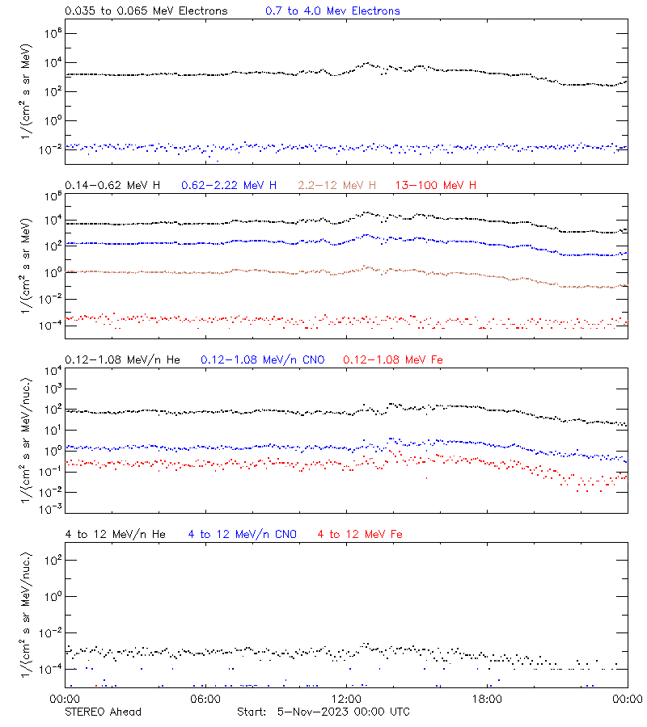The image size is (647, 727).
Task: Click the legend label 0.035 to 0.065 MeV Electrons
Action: [146, 11]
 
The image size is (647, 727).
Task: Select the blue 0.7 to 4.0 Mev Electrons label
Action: [332, 11]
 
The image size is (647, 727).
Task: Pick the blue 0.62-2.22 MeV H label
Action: [229, 186]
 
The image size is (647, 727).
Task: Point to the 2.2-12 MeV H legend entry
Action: [337, 186]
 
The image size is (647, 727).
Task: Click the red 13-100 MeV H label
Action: [436, 186]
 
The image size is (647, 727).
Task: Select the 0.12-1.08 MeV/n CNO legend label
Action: [263, 359]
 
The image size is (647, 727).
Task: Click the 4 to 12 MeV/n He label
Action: [115, 534]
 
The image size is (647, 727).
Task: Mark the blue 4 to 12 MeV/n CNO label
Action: [242, 534]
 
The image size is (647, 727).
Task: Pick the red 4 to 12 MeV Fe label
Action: [360, 534]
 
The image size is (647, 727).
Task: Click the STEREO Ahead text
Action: [103, 712]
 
